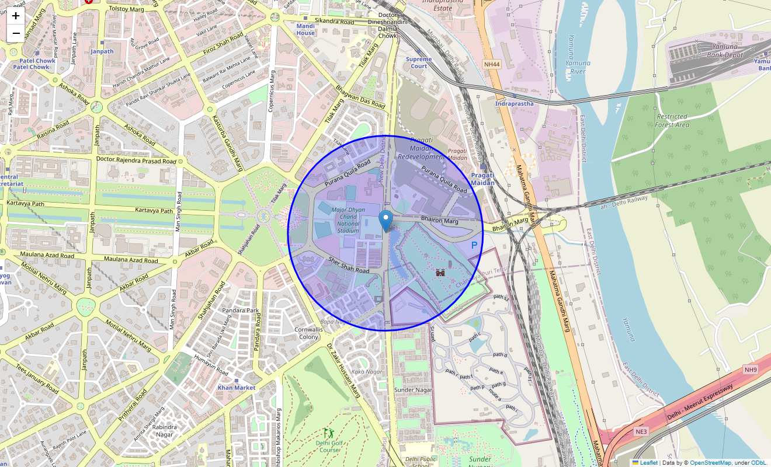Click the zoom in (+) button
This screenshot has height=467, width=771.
click(x=16, y=16)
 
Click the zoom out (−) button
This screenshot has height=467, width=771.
click(x=16, y=33)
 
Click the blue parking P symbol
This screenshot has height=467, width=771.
click(x=474, y=246)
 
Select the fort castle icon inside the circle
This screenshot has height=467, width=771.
click(x=441, y=272)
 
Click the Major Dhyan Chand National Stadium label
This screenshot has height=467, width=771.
click(x=349, y=220)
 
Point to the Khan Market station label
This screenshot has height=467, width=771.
click(x=237, y=388)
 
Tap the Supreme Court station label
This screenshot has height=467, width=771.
click(x=419, y=62)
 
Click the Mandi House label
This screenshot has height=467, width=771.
click(x=305, y=29)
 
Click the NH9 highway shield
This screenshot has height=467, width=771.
click(x=751, y=370)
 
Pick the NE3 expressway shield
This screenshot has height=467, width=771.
click(x=641, y=431)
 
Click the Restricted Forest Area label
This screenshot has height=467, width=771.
click(x=672, y=121)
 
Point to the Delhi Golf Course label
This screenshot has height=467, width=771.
click(x=329, y=447)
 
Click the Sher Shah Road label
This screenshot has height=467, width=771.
click(x=349, y=266)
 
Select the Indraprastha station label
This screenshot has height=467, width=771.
click(x=514, y=104)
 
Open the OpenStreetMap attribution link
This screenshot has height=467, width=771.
click(x=710, y=463)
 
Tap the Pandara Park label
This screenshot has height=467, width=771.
click(x=240, y=311)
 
